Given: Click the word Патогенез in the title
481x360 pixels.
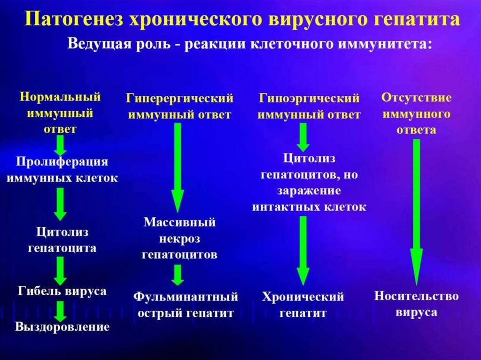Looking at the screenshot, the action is point(74,19).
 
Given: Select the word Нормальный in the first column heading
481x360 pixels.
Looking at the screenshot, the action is point(60,97).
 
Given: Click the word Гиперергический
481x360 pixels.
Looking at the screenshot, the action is point(179,99).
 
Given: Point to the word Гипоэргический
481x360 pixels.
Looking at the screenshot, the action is point(309,99).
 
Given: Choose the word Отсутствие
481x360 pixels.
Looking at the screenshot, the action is point(417,98).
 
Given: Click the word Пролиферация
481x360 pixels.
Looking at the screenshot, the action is point(62,161).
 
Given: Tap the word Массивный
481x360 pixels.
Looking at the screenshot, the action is point(179,222).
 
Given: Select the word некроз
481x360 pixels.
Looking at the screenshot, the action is point(179,238).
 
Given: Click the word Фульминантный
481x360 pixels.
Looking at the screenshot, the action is point(186,297).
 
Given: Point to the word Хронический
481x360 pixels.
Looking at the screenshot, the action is point(303,297).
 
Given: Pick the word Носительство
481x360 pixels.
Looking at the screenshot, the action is point(416,296).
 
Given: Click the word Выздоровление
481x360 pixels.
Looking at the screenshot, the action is point(62,327).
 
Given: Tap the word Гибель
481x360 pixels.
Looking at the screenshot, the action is point(39,291).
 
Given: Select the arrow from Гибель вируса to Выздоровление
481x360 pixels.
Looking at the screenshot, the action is point(61,311).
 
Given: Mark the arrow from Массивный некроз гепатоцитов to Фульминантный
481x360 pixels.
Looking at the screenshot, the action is point(178,275).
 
